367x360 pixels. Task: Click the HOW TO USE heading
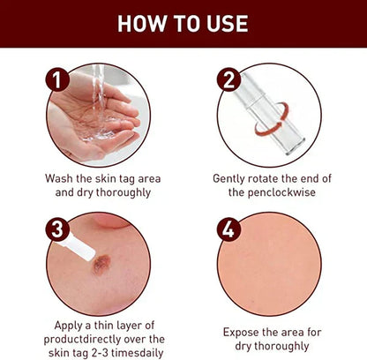tap(183, 23)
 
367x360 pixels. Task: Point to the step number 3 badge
tap(57, 230)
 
